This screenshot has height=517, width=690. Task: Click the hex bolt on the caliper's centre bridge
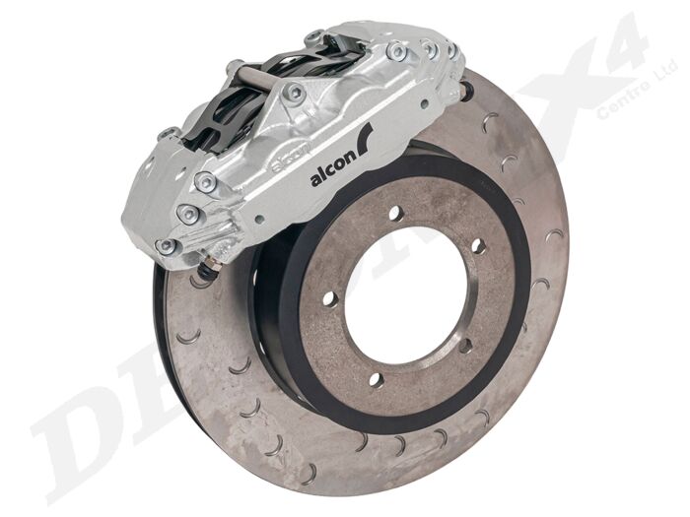pos(293,95)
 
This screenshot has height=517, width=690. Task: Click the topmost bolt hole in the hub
pos(394,213)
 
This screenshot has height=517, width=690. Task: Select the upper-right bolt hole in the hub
pos(478,244)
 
